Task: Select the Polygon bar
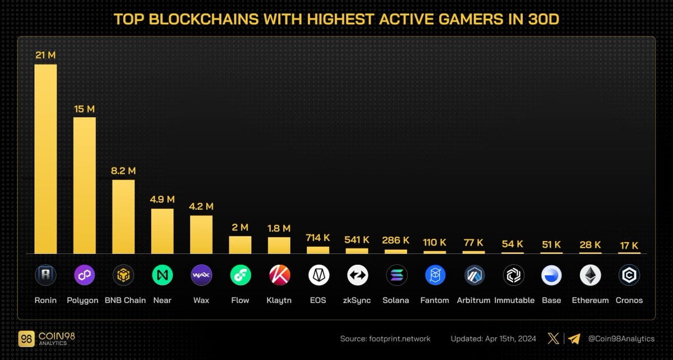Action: click(84, 185)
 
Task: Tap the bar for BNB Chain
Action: click(123, 216)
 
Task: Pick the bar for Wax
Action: click(201, 234)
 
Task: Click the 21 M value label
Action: click(45, 55)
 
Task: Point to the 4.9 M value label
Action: click(162, 199)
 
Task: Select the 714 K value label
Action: click(318, 237)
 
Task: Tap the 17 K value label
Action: click(629, 245)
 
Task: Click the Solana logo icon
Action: click(396, 275)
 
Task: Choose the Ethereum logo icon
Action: click(590, 275)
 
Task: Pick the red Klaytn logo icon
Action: click(279, 275)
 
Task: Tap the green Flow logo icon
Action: click(240, 275)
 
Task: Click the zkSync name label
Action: click(357, 301)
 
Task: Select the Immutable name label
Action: click(514, 301)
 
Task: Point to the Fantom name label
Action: click(435, 301)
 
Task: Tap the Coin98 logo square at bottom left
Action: click(26, 339)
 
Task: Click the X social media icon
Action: click(553, 339)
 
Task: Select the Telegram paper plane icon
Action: click(573, 339)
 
